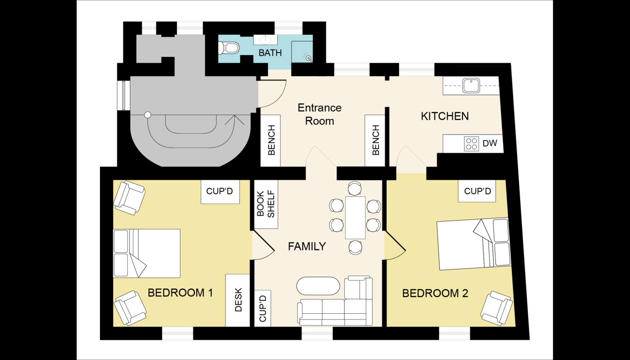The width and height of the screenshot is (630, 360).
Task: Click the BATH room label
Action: pos(270,53)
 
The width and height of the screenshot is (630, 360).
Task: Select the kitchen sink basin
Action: pos(472,86)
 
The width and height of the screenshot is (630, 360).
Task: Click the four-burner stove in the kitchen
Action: pos(472,144)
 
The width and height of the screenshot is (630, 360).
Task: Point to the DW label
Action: pos(490,143)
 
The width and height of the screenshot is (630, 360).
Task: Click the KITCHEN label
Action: pos(445,116)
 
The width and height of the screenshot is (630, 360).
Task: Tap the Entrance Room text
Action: pos(319,114)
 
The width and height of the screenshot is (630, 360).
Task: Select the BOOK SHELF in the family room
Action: pos(266,204)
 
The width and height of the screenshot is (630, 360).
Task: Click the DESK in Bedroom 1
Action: pos(238,300)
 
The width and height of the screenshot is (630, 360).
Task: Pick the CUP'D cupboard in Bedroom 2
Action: pos(477,191)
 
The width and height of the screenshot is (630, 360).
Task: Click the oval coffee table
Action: pos(318,286)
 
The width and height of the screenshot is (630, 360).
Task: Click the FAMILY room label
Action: pos(307,247)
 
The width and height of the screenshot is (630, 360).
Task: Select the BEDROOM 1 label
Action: pos(180,293)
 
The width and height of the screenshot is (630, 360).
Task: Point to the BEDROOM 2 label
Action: pos(435,293)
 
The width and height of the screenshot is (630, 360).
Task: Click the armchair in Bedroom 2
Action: pos(496,308)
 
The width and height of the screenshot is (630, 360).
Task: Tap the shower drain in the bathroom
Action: pos(309,58)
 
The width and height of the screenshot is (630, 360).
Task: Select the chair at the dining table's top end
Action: pos(355,188)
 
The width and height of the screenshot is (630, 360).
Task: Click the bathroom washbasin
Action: pos(265,40)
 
